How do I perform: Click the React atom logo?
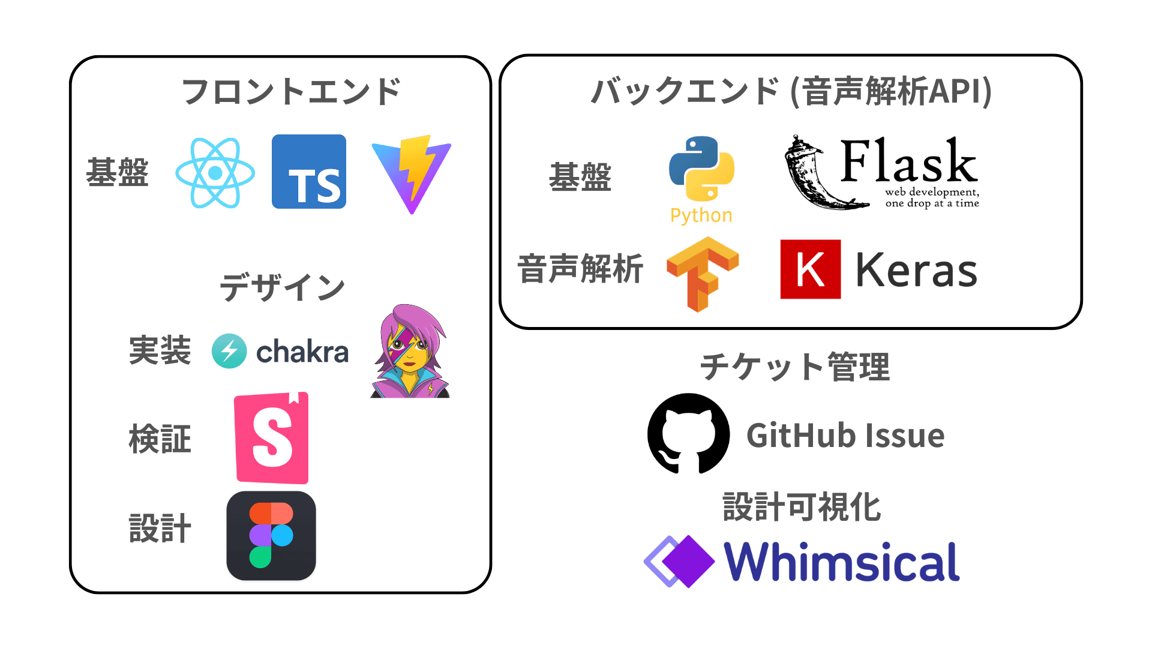pyautogui.click(x=215, y=173)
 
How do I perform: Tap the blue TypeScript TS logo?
pyautogui.click(x=309, y=172)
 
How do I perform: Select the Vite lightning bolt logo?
pyautogui.click(x=412, y=175)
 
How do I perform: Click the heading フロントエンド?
pyautogui.click(x=292, y=92)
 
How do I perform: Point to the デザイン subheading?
pyautogui.click(x=282, y=287)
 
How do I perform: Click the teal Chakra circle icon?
pyautogui.click(x=229, y=351)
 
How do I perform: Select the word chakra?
pyautogui.click(x=302, y=352)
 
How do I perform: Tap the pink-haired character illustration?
pyautogui.click(x=411, y=351)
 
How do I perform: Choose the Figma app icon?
pyautogui.click(x=271, y=536)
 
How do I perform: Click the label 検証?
pyautogui.click(x=160, y=439)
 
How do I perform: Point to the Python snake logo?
pyautogui.click(x=701, y=169)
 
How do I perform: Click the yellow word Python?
pyautogui.click(x=701, y=215)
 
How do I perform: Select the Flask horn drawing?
pyautogui.click(x=816, y=174)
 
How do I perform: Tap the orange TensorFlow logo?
pyautogui.click(x=702, y=273)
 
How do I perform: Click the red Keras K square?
pyautogui.click(x=810, y=269)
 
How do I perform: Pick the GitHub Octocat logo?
pyautogui.click(x=689, y=434)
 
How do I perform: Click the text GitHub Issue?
pyautogui.click(x=845, y=435)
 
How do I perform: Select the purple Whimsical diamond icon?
pyautogui.click(x=679, y=561)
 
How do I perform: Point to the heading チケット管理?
pyautogui.click(x=795, y=367)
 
